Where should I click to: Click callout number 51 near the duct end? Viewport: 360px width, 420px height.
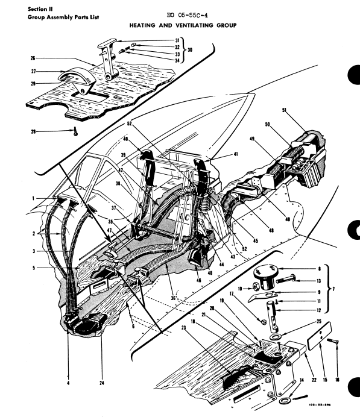(x=283, y=110)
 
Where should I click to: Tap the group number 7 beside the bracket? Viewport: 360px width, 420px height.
(x=351, y=289)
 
